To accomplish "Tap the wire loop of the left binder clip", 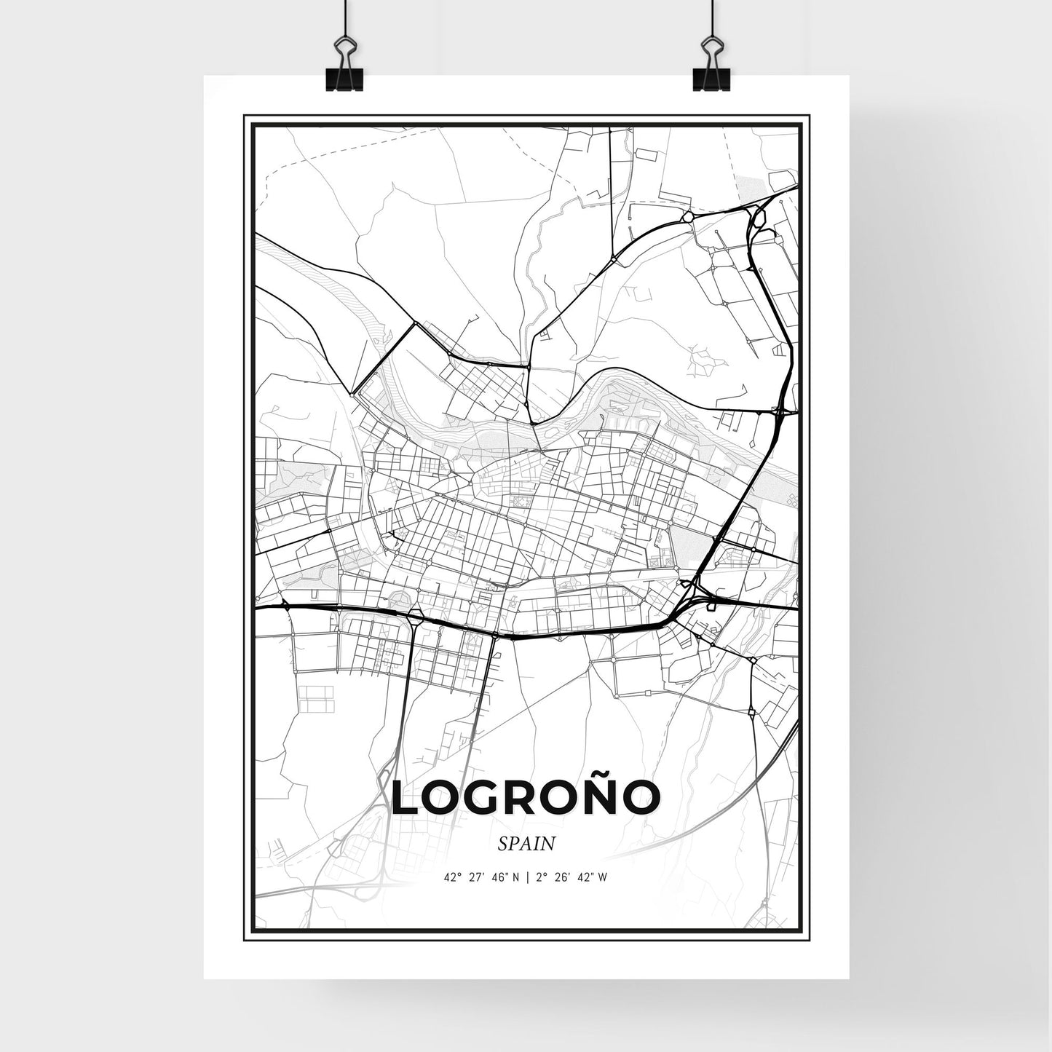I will pyautogui.click(x=344, y=51).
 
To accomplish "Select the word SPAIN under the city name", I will pyautogui.click(x=526, y=844).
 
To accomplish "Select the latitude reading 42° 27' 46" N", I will pyautogui.click(x=481, y=877).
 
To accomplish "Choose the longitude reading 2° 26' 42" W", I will pyautogui.click(x=572, y=877).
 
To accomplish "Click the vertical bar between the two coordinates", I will pyautogui.click(x=528, y=877).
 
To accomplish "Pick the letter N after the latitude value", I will pyautogui.click(x=515, y=877).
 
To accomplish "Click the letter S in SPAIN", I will pyautogui.click(x=503, y=845).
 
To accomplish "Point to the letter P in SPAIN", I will pyautogui.click(x=514, y=845).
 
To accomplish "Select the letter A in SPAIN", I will pyautogui.click(x=526, y=845).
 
